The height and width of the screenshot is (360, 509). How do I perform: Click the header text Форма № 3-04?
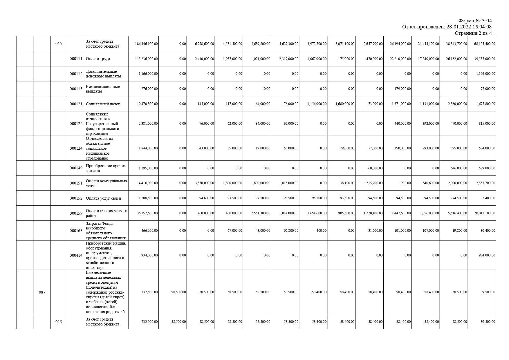(475, 21)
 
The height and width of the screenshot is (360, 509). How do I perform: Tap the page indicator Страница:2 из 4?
(473, 33)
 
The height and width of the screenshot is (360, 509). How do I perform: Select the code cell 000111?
(76, 59)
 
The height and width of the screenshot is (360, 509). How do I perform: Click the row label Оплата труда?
(98, 59)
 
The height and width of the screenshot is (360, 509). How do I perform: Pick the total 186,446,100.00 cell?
(147, 44)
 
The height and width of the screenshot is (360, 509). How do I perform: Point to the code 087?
(42, 292)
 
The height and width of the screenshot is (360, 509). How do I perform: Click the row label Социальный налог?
(103, 104)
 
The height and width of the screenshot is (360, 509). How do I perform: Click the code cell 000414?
(76, 256)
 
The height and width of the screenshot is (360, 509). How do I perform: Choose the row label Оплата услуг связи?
(104, 198)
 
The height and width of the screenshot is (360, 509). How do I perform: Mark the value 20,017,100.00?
(485, 213)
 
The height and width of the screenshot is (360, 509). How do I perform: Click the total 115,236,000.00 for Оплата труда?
(147, 59)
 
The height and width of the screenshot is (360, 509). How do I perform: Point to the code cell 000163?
(76, 231)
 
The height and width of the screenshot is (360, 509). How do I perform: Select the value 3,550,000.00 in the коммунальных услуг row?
(205, 183)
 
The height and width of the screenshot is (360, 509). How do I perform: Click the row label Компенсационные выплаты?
(103, 89)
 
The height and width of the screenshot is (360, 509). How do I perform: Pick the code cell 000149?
(76, 168)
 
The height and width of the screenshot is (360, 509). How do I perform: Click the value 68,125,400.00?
(485, 44)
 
